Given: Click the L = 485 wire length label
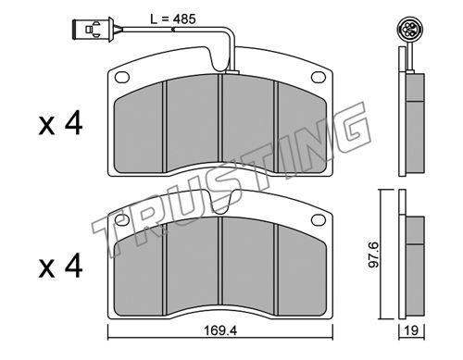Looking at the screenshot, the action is (x=173, y=19).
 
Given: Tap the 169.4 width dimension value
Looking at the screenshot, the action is (x=220, y=331).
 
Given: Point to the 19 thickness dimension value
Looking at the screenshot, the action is (x=411, y=330).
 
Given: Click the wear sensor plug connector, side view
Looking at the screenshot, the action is (x=93, y=29).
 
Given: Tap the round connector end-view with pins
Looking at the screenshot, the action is (x=409, y=30).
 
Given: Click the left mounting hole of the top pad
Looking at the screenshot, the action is (x=122, y=77).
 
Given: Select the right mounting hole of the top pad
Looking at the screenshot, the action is (x=319, y=77).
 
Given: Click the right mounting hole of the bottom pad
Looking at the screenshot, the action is (x=319, y=219).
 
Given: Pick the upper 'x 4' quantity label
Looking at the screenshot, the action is (x=60, y=123).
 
